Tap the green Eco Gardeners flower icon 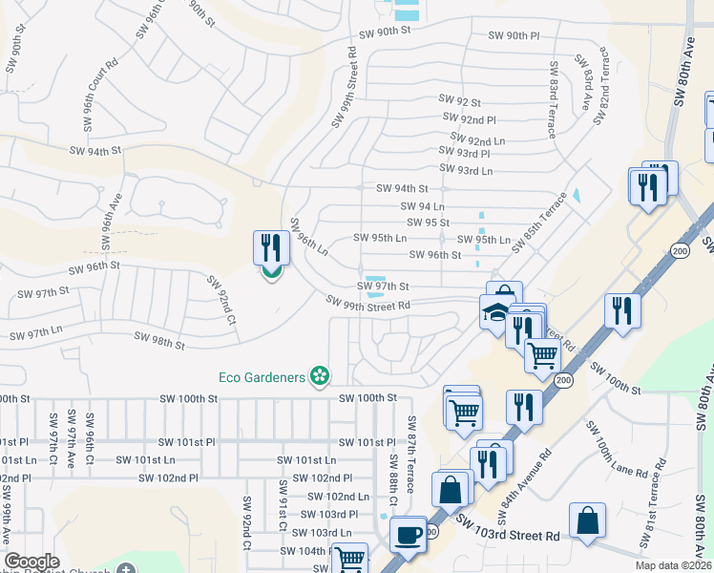(322, 378)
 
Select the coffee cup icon (409, 534)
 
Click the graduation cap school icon (495, 311)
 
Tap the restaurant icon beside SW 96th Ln (271, 248)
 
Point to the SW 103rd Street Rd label (507, 529)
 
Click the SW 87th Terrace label (412, 455)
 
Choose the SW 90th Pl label (514, 35)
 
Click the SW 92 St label (460, 100)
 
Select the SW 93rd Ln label (461, 171)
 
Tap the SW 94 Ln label (424, 206)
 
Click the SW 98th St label (159, 339)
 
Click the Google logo (31, 562)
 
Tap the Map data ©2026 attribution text (671, 566)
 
